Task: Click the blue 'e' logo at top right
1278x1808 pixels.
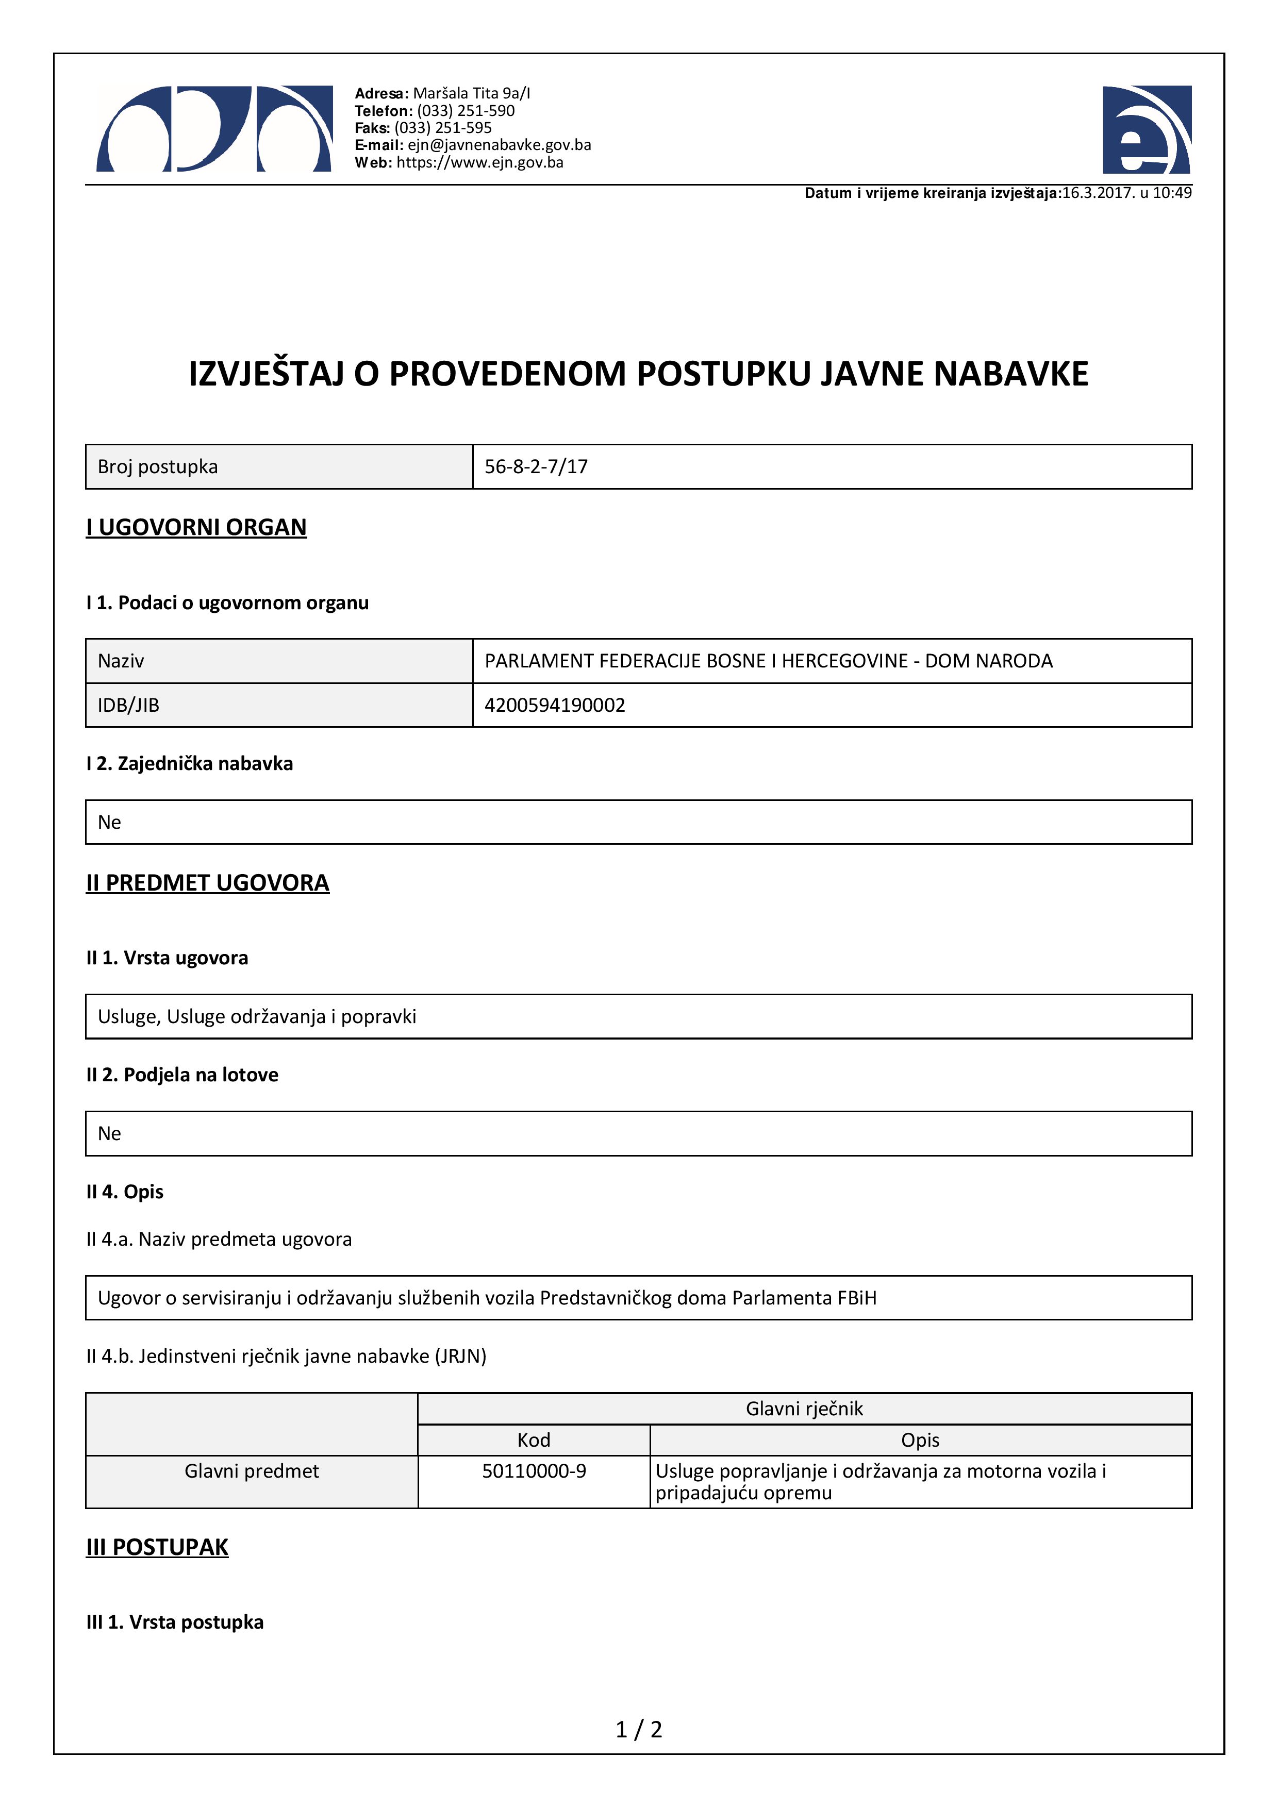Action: click(1147, 130)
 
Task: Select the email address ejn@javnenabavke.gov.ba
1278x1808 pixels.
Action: click(499, 145)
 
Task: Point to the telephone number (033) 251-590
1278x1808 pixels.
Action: click(466, 111)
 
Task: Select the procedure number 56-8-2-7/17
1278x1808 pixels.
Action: click(536, 467)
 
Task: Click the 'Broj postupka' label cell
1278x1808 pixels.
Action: click(157, 467)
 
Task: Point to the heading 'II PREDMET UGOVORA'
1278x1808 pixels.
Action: click(207, 883)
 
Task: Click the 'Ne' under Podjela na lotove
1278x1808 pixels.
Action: click(109, 1133)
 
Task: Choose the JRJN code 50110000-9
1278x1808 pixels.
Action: click(534, 1471)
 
